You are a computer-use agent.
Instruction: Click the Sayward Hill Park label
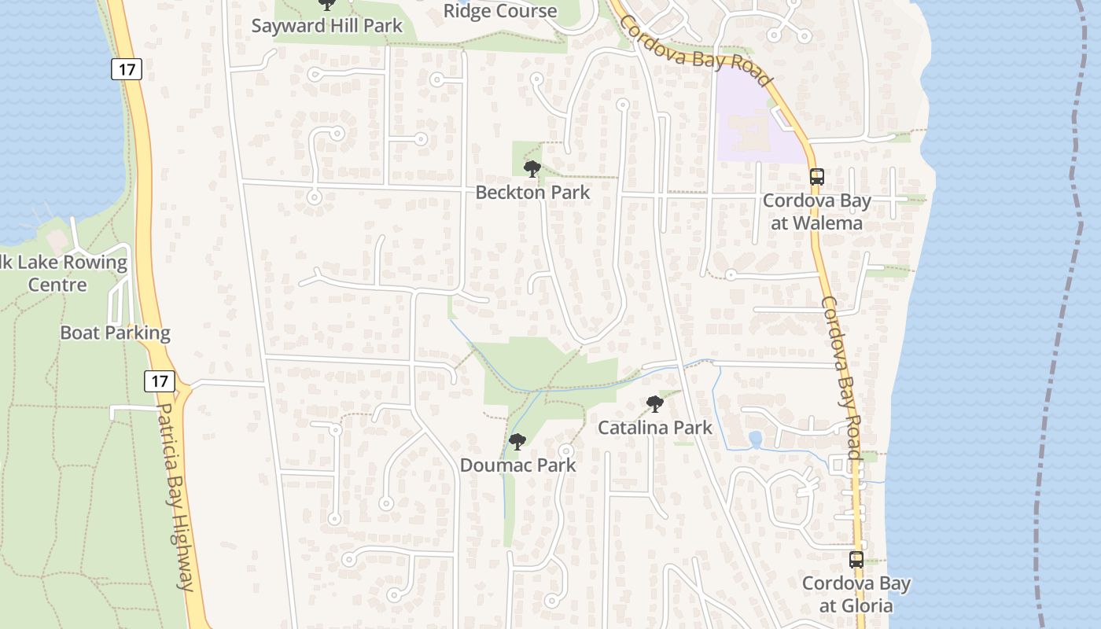(326, 25)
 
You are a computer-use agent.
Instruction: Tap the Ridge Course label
(500, 11)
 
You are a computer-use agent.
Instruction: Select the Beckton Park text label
(532, 192)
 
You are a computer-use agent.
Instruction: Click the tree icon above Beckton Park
(532, 168)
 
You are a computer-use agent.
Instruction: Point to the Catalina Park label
(654, 427)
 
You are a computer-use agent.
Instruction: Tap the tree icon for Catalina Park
(654, 404)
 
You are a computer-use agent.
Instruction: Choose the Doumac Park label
(517, 465)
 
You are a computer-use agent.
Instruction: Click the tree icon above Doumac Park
(517, 442)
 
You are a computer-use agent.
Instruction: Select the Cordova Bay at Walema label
(816, 212)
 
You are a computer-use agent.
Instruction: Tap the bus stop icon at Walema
(817, 176)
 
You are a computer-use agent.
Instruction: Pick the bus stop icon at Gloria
(856, 560)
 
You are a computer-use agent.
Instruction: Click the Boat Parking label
(115, 333)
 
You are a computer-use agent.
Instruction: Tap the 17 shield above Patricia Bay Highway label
(160, 381)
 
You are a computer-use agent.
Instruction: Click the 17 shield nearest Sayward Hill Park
(126, 69)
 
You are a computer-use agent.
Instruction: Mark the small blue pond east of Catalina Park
(756, 439)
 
